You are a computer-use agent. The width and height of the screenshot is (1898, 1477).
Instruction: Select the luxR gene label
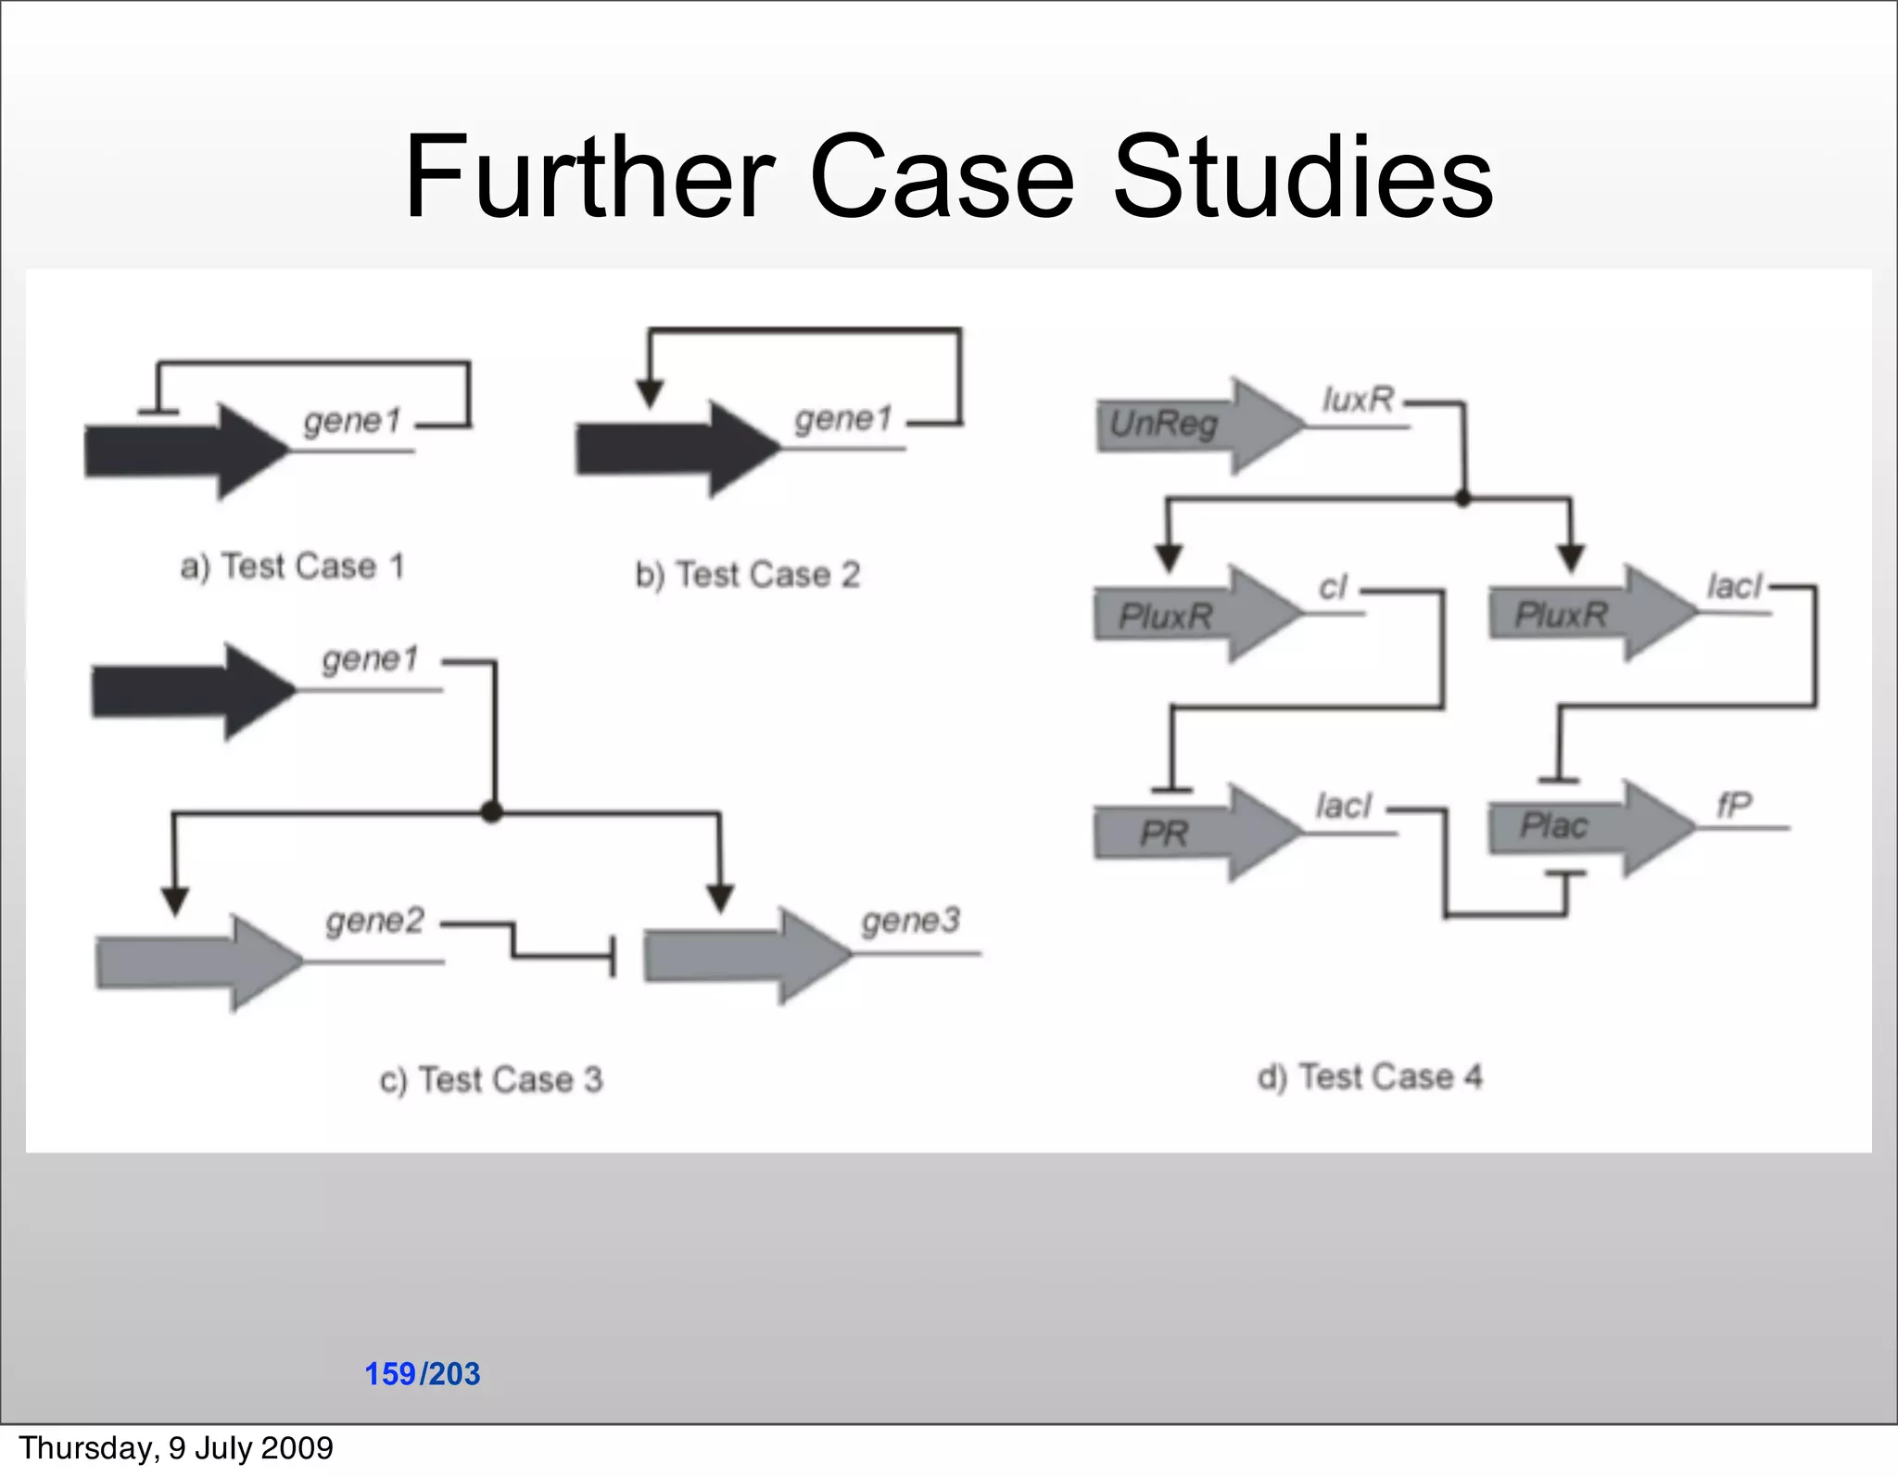1358,400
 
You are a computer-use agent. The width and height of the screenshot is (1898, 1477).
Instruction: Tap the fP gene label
1733,804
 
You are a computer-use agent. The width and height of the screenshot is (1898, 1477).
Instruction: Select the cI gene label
1333,587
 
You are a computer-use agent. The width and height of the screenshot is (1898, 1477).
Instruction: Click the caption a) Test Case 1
293,566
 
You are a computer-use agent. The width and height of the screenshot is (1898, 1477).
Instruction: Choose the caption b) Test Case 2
747,575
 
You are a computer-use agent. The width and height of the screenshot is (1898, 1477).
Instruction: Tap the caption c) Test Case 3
491,1079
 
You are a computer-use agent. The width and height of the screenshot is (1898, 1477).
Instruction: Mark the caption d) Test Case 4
1370,1076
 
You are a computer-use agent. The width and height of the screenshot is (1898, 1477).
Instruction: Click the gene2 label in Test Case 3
374,921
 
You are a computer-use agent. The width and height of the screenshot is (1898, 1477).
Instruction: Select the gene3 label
910,921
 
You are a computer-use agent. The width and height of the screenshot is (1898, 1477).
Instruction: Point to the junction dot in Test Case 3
492,813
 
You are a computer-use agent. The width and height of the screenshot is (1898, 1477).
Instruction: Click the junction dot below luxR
1463,499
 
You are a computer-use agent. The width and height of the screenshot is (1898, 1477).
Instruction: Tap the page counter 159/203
423,1373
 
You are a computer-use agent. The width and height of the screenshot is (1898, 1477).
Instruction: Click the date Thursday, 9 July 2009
176,1447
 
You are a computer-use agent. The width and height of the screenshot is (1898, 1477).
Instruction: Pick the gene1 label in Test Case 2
842,419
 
